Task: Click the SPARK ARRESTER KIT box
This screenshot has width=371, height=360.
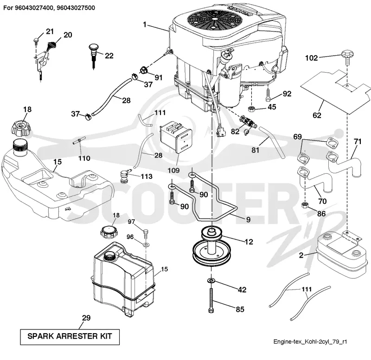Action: (x=70, y=336)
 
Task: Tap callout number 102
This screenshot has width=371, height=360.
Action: (x=311, y=58)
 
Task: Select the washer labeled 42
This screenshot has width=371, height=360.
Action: (x=211, y=281)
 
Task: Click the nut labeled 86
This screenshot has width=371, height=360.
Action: (x=305, y=205)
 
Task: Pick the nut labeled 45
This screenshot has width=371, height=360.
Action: (x=251, y=109)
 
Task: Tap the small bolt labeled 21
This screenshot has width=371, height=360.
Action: (x=36, y=40)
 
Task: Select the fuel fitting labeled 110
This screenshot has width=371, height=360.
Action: (x=78, y=141)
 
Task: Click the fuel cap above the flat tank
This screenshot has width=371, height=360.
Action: (x=20, y=128)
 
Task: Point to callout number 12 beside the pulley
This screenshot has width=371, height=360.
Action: (x=249, y=242)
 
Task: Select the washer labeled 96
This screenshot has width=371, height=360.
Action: (x=146, y=243)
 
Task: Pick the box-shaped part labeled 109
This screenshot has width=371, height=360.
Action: (x=176, y=137)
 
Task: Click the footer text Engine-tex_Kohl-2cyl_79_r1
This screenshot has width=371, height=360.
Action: (x=310, y=341)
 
